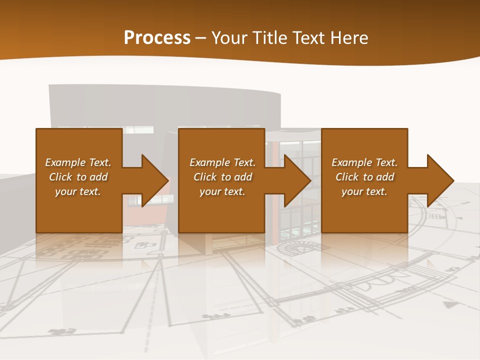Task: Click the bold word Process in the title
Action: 157,38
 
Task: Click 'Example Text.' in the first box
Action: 78,162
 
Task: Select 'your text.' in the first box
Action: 78,191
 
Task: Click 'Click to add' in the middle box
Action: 222,177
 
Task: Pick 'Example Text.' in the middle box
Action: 222,162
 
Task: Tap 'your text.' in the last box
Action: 364,191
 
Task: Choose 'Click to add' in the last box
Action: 364,177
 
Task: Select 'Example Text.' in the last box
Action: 364,162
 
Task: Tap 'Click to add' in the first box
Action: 78,177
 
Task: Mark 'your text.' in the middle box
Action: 222,191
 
